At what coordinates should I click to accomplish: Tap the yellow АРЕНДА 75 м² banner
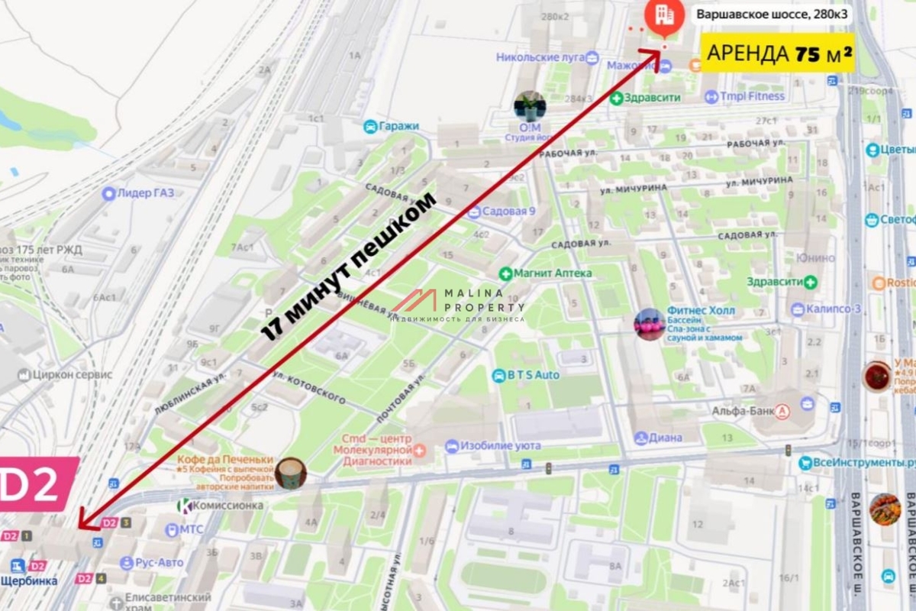[x=777, y=53]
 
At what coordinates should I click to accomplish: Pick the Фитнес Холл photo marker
[x=650, y=324]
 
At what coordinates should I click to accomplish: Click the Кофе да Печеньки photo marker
[x=291, y=474]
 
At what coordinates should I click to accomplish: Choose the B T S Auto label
[x=526, y=375]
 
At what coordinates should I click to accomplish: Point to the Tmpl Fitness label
[x=744, y=96]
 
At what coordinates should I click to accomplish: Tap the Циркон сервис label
[x=64, y=375]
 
